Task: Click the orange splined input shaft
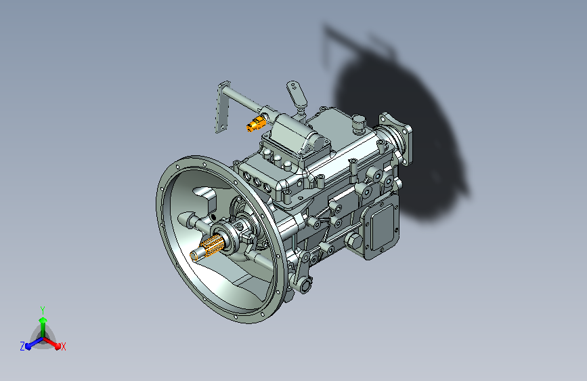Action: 207,248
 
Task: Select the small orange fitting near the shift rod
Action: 256,123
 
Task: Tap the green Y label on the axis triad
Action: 43,310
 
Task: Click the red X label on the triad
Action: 63,347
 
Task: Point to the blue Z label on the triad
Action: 22,346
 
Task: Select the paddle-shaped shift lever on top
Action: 297,94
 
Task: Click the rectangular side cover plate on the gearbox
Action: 381,228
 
